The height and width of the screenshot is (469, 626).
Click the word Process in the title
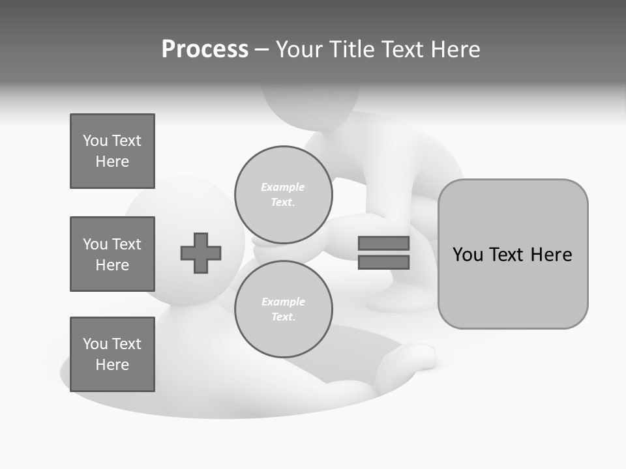point(205,50)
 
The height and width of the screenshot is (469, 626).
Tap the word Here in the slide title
point(456,50)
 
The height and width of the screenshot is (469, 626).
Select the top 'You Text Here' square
point(112,151)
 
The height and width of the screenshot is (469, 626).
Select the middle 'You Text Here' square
point(112,254)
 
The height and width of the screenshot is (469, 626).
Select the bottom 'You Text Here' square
point(112,354)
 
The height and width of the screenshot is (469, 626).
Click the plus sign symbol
point(201,253)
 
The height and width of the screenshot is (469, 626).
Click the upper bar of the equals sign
point(383,243)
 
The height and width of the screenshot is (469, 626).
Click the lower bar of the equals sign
point(383,262)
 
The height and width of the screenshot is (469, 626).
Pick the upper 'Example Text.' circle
point(283,194)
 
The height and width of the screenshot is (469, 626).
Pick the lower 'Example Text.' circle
point(283,309)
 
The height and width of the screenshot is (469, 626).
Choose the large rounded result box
point(513,254)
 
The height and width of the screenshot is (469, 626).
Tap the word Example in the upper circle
point(282,187)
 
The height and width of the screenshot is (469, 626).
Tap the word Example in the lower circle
point(283,302)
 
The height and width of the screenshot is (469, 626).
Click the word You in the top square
point(95,141)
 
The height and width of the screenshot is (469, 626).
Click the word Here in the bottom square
point(112,365)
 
